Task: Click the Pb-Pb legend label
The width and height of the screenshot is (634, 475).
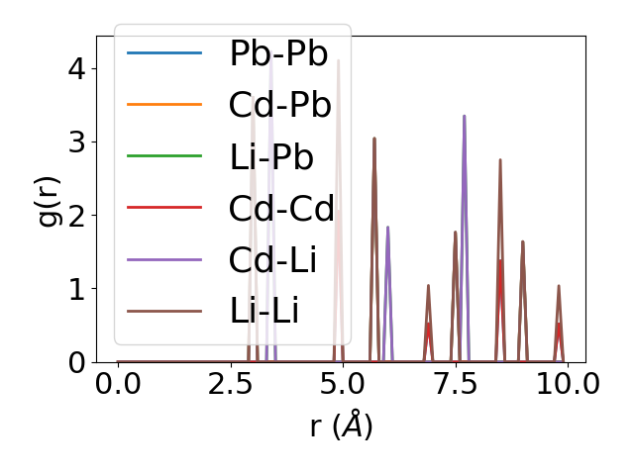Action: coord(278,53)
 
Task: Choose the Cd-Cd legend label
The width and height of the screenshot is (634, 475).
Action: coord(278,209)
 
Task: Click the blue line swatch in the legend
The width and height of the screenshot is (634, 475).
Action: coord(164,53)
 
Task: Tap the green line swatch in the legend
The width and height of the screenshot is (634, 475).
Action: coord(164,156)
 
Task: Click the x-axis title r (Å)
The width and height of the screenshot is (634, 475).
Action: coord(341,426)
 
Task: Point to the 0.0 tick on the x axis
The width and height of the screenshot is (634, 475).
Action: coord(118,383)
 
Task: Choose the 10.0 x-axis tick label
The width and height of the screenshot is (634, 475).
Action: coord(561,383)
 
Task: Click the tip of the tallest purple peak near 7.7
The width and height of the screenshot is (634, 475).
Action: coord(464,116)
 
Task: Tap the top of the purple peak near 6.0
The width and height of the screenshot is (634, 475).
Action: coord(387,228)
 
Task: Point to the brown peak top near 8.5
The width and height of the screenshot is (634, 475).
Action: coord(500,159)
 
